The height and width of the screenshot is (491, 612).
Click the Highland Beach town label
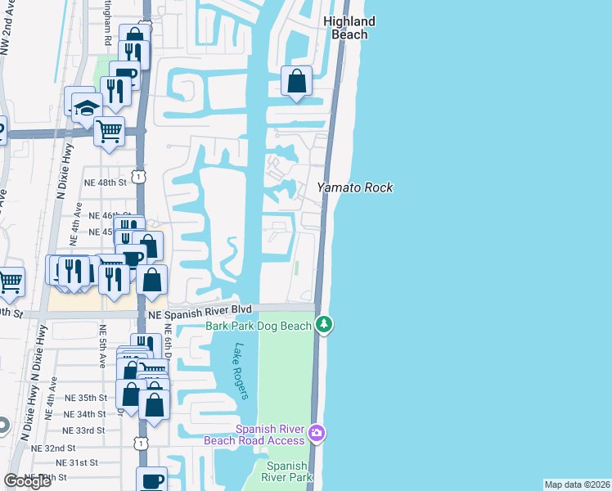click(x=349, y=28)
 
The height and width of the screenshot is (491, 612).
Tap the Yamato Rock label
click(x=355, y=187)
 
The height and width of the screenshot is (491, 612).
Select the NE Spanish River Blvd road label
click(x=194, y=310)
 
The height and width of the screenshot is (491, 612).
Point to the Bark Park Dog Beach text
click(x=259, y=326)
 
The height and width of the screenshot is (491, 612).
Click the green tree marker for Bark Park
click(x=325, y=325)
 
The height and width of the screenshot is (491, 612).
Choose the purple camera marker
click(x=317, y=432)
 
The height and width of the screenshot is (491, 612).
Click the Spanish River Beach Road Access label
click(x=271, y=435)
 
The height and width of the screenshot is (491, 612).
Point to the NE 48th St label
click(x=107, y=182)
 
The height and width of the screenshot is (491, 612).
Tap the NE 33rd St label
click(x=85, y=430)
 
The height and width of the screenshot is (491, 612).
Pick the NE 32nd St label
click(x=53, y=448)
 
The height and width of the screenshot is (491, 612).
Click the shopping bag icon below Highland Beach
click(x=296, y=82)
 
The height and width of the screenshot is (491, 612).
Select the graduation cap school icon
click(x=86, y=107)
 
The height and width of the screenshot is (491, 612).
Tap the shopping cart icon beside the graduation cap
click(x=109, y=130)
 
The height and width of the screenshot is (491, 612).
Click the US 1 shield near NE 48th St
click(x=141, y=176)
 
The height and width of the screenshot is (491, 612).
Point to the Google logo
click(x=27, y=481)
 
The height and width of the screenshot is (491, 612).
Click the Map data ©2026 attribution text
click(x=577, y=484)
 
